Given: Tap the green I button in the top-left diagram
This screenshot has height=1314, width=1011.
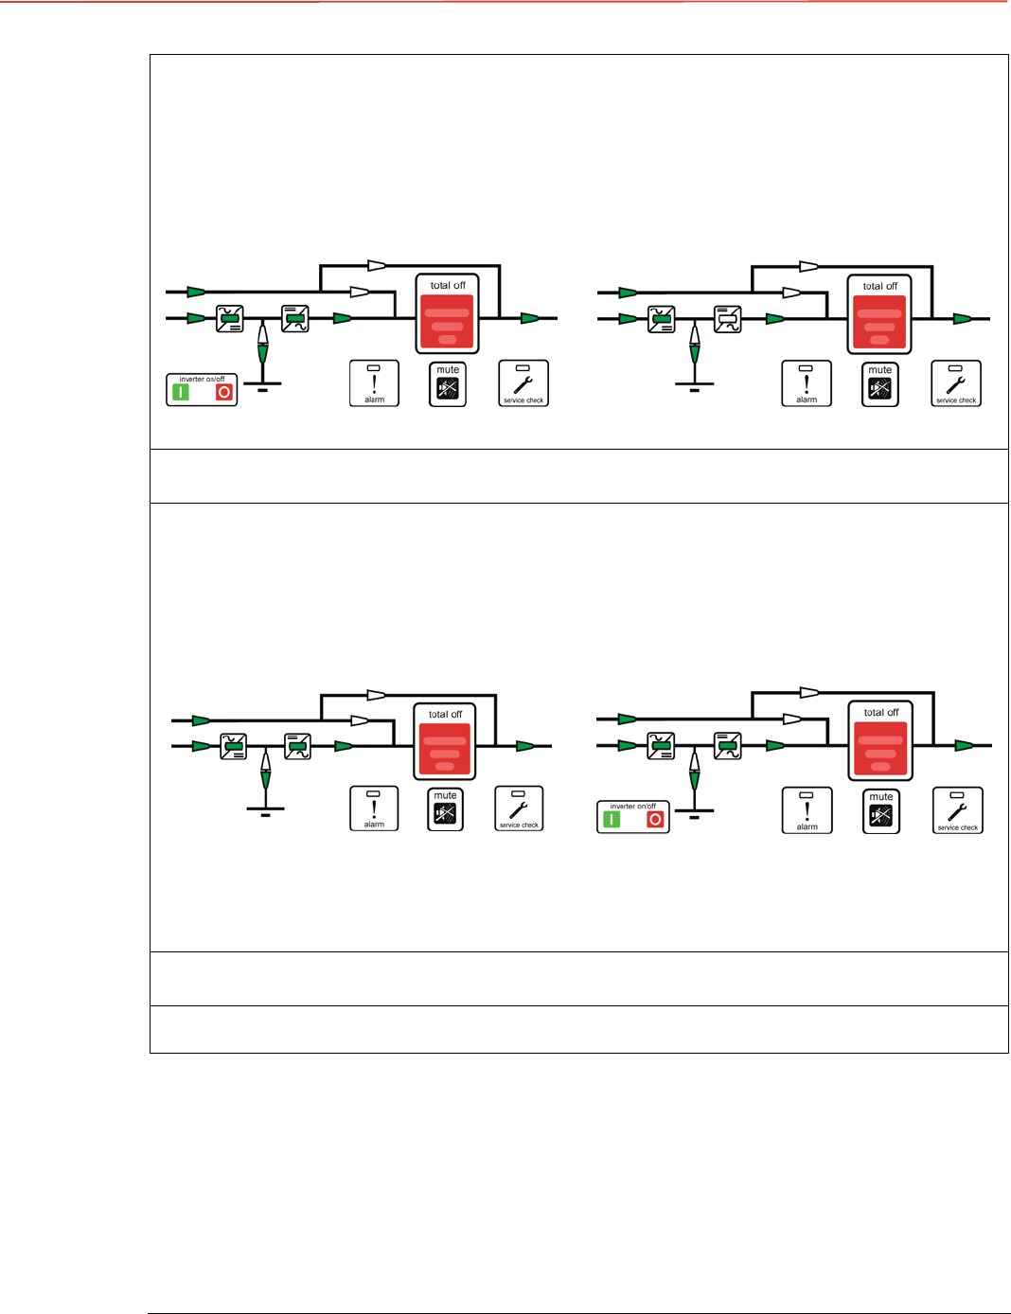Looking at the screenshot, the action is [x=181, y=392].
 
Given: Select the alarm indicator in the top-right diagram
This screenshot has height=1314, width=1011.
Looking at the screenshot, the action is [x=807, y=383].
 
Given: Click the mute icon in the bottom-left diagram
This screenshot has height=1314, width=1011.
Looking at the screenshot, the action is [x=445, y=813].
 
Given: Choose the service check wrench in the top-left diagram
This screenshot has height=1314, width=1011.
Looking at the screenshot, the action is [x=523, y=383].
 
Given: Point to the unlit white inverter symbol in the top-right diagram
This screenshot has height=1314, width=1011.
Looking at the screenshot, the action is [x=727, y=319].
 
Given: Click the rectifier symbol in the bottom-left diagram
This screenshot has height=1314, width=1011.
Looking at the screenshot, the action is [x=233, y=747].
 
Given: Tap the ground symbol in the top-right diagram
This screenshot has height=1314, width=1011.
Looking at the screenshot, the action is [x=695, y=385].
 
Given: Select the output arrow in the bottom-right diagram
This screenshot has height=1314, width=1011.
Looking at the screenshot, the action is [x=964, y=746].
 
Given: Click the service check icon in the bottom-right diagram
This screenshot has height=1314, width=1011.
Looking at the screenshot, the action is [x=958, y=810].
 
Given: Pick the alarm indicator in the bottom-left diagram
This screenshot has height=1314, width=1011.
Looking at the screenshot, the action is [x=374, y=808].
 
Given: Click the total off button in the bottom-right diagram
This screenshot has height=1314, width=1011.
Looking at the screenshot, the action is [x=880, y=748].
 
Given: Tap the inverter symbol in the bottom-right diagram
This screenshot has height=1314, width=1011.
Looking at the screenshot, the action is [x=727, y=746].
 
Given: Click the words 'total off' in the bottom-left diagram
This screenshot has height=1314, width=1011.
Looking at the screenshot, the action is [x=445, y=715].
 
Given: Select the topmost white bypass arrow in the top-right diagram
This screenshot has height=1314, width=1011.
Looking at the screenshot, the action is [x=808, y=267].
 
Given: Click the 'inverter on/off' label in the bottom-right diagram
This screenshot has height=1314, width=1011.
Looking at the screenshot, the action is [x=632, y=807].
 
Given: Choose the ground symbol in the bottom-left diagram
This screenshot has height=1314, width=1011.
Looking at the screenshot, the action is [x=265, y=810].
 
